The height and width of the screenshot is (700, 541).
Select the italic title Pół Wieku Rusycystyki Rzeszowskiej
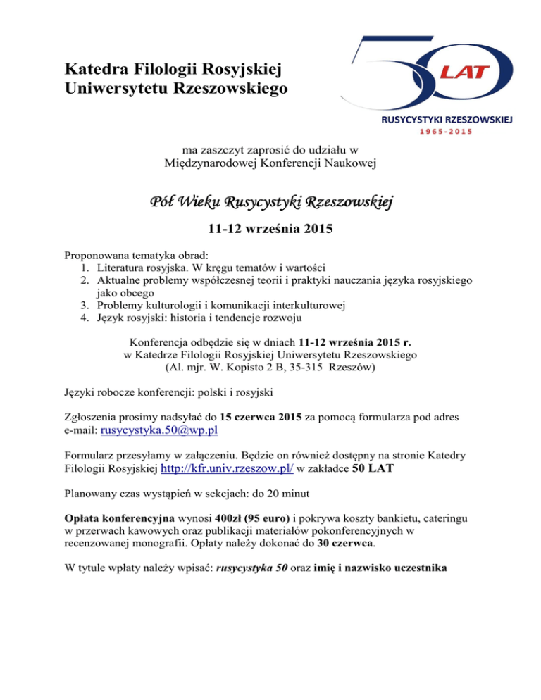point(270,203)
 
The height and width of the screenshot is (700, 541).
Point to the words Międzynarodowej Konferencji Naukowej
point(270,163)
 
